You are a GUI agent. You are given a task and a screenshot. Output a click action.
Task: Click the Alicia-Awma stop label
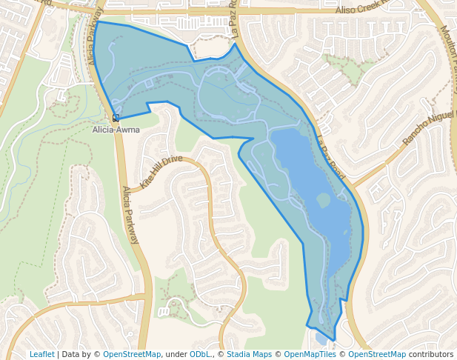click(x=116, y=130)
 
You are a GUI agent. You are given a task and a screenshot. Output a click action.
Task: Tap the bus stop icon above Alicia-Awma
click(x=116, y=118)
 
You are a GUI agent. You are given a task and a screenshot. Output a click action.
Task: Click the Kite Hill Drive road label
click(x=161, y=171)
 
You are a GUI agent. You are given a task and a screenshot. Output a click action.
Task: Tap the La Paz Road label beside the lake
click(x=330, y=156)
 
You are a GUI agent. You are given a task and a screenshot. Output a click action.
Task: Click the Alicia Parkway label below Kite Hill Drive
click(x=130, y=215)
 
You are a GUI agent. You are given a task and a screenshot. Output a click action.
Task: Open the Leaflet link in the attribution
click(x=41, y=354)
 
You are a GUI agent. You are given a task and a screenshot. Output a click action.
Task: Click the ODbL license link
click(x=200, y=354)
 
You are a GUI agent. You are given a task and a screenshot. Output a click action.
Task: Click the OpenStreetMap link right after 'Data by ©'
click(x=132, y=354)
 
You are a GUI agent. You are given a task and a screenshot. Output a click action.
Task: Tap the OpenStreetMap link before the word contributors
click(x=377, y=354)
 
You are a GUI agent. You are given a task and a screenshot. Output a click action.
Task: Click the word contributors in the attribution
click(x=430, y=354)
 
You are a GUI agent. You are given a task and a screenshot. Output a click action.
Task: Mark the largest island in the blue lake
click(x=323, y=199)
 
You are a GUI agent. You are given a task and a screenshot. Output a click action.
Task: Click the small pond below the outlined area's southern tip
click(x=320, y=339)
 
